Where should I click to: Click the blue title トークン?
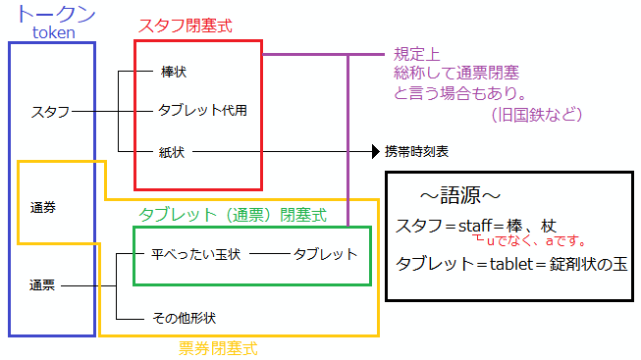coord(56,14)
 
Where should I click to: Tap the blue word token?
coord(54,33)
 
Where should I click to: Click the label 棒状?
coord(173,72)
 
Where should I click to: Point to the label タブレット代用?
coord(202,110)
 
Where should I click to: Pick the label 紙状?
coord(172,152)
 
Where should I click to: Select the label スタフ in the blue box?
coord(50,112)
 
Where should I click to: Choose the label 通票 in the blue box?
coord(42,286)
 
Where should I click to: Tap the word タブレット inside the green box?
coord(325,254)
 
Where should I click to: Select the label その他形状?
coord(184,318)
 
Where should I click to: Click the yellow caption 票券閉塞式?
coord(218,347)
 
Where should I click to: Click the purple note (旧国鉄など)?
coord(537,115)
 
